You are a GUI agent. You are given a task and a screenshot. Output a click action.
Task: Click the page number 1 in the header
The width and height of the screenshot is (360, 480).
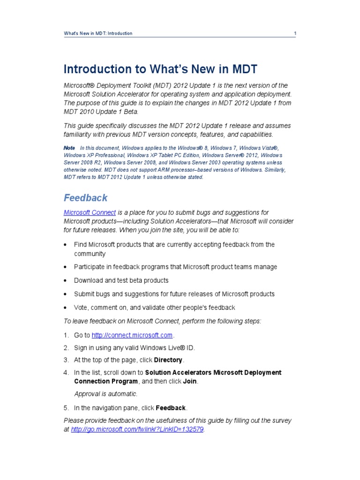pyautogui.click(x=295, y=33)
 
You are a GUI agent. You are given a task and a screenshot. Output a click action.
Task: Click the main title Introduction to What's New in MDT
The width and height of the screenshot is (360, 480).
pyautogui.click(x=160, y=69)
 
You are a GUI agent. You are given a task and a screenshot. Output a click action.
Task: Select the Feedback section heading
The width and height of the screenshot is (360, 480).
pyautogui.click(x=85, y=197)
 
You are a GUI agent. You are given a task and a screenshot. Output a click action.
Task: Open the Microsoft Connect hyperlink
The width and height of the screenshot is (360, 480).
pyautogui.click(x=90, y=212)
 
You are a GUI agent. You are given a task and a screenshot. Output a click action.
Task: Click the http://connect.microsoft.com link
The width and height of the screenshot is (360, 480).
pyautogui.click(x=133, y=335)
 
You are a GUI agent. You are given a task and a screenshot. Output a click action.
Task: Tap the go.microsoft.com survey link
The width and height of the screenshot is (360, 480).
pyautogui.click(x=137, y=429)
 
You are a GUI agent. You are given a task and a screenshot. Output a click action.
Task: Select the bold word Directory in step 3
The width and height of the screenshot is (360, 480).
pyautogui.click(x=168, y=360)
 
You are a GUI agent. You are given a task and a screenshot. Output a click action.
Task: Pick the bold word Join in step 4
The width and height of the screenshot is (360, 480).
pyautogui.click(x=190, y=381)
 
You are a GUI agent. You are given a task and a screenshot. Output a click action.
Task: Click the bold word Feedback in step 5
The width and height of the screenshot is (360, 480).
pyautogui.click(x=171, y=407)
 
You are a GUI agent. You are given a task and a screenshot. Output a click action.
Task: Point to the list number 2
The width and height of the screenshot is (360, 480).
pyautogui.click(x=66, y=348)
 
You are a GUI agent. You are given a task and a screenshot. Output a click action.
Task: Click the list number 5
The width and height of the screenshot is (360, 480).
pyautogui.click(x=66, y=407)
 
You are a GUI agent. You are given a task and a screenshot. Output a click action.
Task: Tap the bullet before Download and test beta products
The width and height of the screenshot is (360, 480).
pyautogui.click(x=66, y=281)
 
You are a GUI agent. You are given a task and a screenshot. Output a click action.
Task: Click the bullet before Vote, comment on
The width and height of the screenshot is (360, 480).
pyautogui.click(x=66, y=308)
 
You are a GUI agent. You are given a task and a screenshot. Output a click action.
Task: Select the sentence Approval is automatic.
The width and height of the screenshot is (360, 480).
pyautogui.click(x=106, y=394)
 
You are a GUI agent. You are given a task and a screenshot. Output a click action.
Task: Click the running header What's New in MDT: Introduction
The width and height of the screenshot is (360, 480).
pyautogui.click(x=98, y=33)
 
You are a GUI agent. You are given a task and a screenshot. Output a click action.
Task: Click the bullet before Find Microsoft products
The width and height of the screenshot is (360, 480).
pyautogui.click(x=66, y=245)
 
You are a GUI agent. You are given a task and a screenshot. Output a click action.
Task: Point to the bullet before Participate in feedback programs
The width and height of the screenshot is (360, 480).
pyautogui.click(x=66, y=267)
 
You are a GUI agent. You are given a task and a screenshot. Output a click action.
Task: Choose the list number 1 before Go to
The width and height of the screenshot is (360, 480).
pyautogui.click(x=66, y=335)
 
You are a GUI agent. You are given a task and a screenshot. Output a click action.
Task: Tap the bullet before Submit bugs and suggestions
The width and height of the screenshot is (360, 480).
pyautogui.click(x=66, y=294)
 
